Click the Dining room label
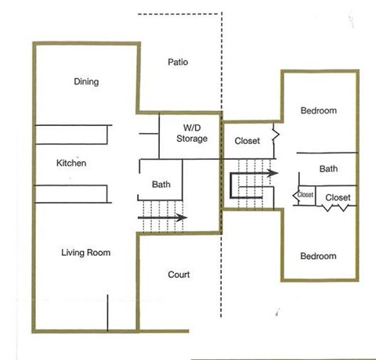(85, 81)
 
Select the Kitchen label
(71, 164)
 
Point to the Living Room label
(86, 253)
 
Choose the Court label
(179, 275)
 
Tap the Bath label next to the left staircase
(161, 185)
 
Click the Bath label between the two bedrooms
(328, 168)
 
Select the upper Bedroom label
(319, 110)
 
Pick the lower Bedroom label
(319, 256)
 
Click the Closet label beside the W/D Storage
(248, 141)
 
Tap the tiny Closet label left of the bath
(305, 196)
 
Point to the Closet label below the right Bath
(338, 197)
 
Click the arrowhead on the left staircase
(182, 218)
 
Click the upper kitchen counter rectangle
(70, 135)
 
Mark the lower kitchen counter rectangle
(70, 194)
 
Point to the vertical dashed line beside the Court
(222, 274)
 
